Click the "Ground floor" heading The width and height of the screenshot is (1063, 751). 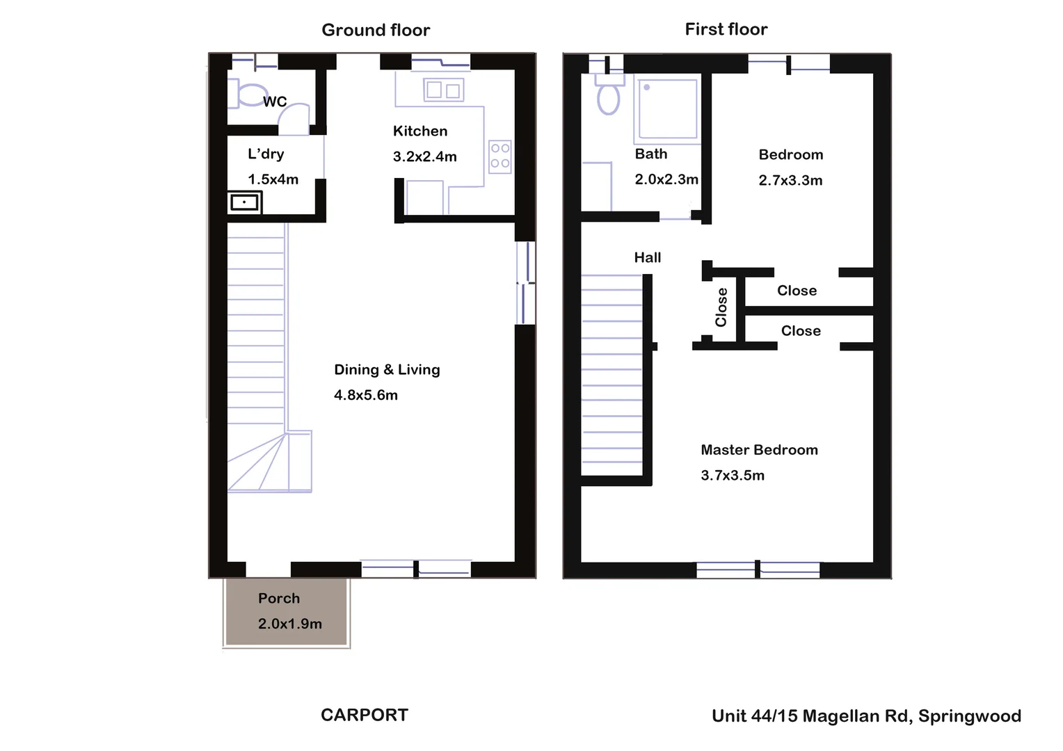coord(376,30)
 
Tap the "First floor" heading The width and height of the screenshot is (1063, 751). coord(726,29)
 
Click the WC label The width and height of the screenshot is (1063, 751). coord(275,102)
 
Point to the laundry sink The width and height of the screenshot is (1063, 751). coord(244,202)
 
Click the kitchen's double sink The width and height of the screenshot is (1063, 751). coord(443,90)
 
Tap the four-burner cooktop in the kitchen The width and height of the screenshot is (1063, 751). coord(499,156)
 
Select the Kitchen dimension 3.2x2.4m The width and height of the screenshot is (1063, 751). coord(424,157)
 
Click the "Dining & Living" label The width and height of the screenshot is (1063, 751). coord(387,370)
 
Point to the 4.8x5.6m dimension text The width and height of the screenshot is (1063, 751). coord(366,396)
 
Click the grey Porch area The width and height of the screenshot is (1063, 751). coord(286,612)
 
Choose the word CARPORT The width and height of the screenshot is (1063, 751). coord(365,715)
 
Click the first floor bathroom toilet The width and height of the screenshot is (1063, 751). coord(609,96)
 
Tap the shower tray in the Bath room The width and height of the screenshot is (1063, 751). coord(666,108)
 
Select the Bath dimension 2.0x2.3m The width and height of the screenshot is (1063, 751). coord(666,179)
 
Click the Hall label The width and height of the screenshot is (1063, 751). coord(648,258)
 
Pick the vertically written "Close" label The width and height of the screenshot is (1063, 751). coord(721,307)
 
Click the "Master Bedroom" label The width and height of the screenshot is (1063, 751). coord(759,450)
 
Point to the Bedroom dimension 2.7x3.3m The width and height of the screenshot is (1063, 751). coord(790,181)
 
